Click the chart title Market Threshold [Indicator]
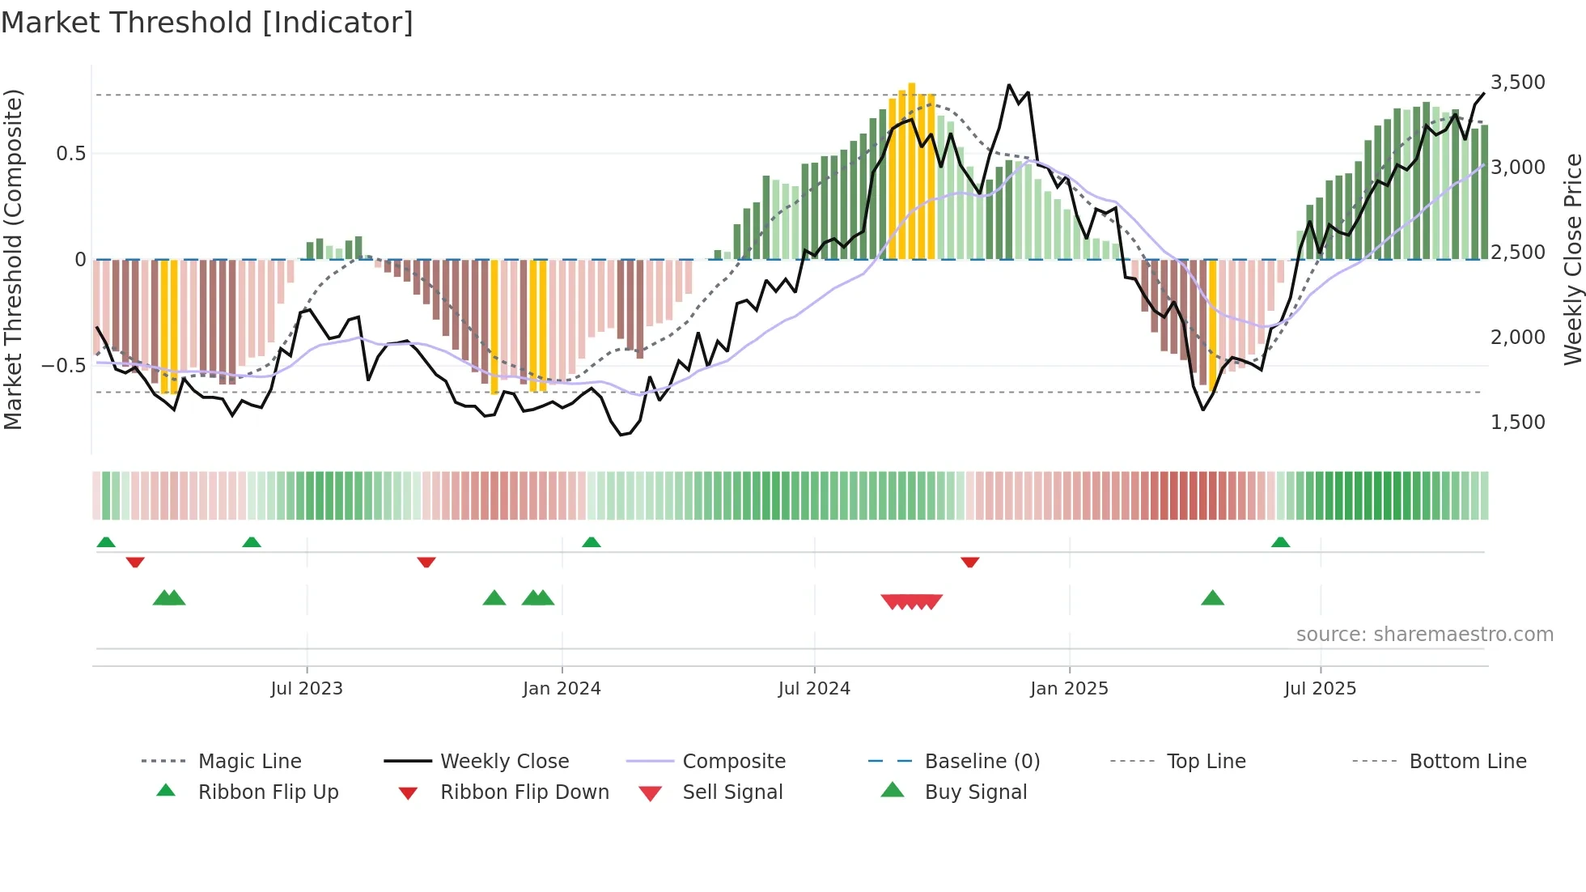(x=207, y=23)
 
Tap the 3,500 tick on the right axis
(x=1517, y=83)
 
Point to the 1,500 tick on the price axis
(x=1517, y=423)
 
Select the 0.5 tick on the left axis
(x=70, y=154)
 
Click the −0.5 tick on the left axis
(x=63, y=366)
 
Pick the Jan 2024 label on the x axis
(x=562, y=689)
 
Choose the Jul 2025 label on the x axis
(x=1320, y=689)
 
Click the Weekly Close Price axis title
(x=1572, y=259)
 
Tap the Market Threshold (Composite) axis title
(x=13, y=259)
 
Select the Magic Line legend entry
(x=249, y=762)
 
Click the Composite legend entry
(x=733, y=762)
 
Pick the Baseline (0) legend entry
(x=982, y=762)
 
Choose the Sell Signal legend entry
(x=732, y=792)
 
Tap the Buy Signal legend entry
(x=975, y=792)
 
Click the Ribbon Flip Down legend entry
(x=524, y=792)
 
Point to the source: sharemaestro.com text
(x=1424, y=635)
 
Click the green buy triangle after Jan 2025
(x=1212, y=599)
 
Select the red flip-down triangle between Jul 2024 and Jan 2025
(x=970, y=562)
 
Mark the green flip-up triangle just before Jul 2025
(x=1280, y=542)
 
